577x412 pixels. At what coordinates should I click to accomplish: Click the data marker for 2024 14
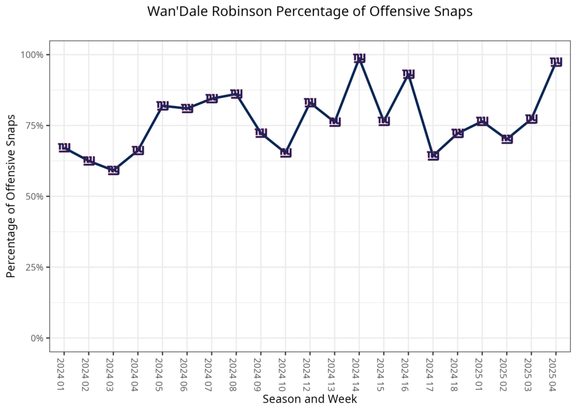[359, 58]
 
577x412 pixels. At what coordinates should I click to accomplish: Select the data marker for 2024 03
[113, 170]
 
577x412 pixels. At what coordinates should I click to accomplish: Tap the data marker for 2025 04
[556, 61]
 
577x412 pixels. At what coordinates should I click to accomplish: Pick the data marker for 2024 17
[433, 156]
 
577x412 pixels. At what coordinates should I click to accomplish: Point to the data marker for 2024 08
[237, 94]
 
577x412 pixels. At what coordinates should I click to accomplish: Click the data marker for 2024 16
[409, 74]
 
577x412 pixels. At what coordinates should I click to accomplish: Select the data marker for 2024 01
[64, 147]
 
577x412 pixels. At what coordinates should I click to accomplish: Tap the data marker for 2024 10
[286, 152]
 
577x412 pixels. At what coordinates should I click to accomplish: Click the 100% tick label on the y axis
[33, 55]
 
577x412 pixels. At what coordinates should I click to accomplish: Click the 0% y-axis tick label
[37, 338]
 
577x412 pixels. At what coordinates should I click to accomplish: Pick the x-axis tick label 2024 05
[162, 371]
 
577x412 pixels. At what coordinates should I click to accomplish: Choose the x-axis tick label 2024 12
[310, 371]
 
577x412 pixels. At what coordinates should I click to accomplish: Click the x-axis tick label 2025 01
[482, 371]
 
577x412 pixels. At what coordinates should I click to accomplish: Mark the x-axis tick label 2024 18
[458, 371]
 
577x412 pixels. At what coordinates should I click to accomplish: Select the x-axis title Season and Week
[309, 399]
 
